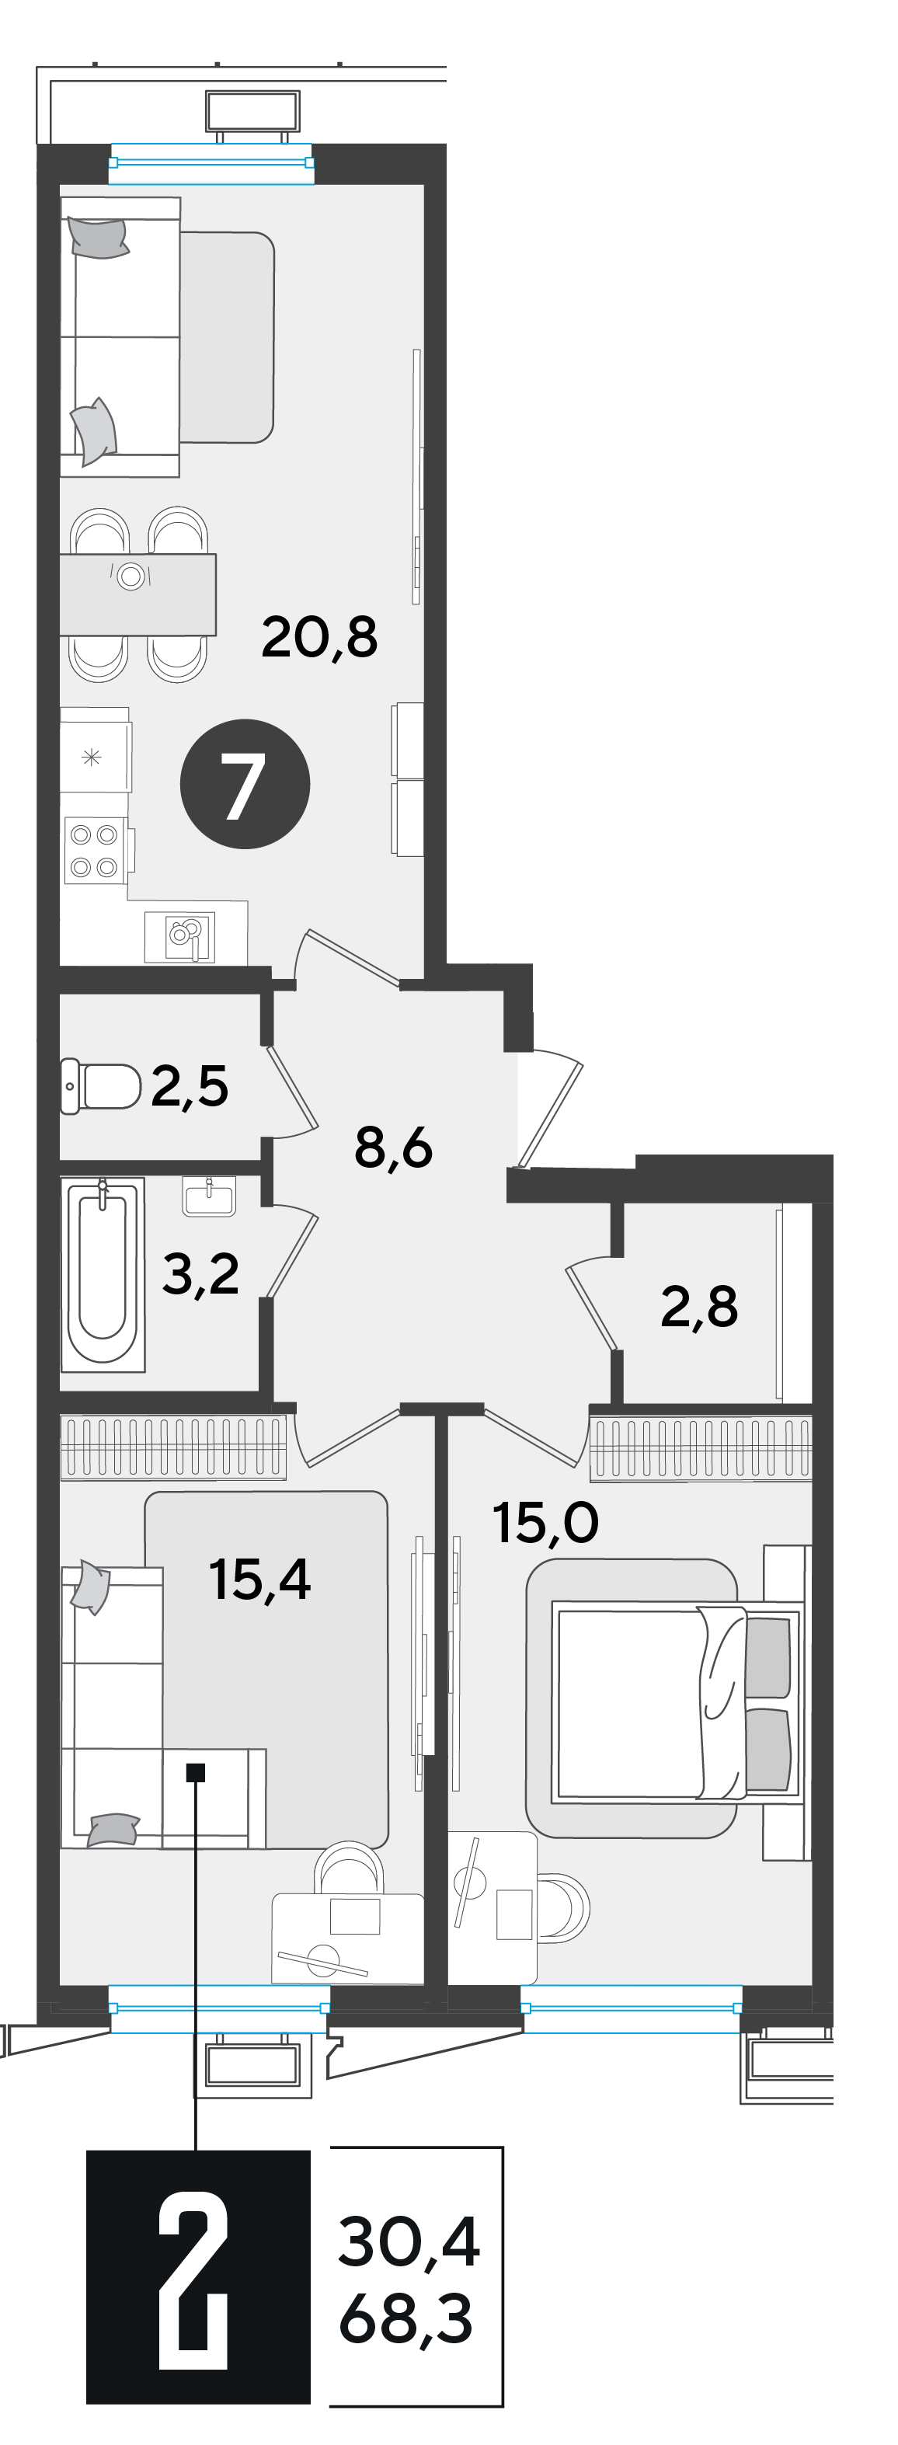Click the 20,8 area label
click(319, 637)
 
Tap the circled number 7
click(245, 784)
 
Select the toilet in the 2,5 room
click(101, 1086)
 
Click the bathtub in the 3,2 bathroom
click(103, 1273)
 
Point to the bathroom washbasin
click(209, 1196)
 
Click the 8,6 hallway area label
click(393, 1148)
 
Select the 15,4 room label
click(259, 1579)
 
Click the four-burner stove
click(95, 851)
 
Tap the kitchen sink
click(179, 937)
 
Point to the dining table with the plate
click(137, 594)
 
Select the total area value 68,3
click(405, 2319)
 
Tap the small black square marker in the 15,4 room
click(196, 1772)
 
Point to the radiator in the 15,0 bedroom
click(701, 1448)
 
